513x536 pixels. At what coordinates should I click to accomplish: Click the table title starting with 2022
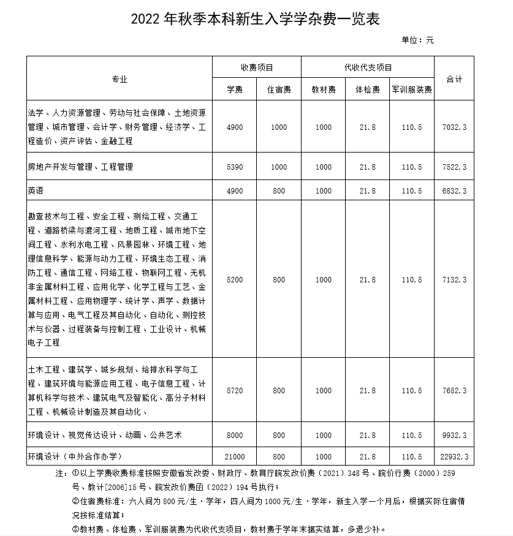(256, 18)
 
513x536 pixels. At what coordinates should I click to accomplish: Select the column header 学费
(235, 89)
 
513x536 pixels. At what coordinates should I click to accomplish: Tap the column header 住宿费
(279, 89)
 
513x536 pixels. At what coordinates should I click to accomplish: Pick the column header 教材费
(323, 89)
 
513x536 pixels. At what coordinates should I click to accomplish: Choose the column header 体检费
(368, 89)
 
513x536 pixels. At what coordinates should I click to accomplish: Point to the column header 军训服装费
(412, 89)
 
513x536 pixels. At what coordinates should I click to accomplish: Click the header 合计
(454, 80)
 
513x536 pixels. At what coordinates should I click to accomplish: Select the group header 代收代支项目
(368, 67)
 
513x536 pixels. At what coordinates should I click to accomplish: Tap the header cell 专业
(120, 80)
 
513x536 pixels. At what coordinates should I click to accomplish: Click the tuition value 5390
(235, 167)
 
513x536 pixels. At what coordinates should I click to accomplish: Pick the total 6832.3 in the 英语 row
(454, 191)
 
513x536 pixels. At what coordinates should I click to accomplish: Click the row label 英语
(36, 191)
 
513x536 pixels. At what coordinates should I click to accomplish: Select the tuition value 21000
(235, 457)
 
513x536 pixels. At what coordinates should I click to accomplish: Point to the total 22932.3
(454, 457)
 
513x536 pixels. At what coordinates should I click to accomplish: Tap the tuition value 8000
(235, 436)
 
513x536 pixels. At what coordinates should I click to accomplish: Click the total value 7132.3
(454, 280)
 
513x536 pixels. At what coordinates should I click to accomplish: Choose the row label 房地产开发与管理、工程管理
(80, 167)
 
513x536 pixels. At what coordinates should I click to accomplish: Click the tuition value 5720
(235, 391)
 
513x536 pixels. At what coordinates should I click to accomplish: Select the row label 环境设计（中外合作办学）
(75, 457)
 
